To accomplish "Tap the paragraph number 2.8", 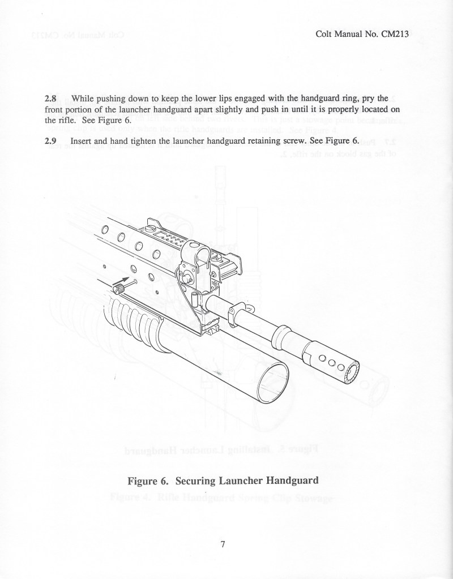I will (x=52, y=98).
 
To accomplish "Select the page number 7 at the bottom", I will (x=223, y=545).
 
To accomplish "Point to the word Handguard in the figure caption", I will (x=288, y=481).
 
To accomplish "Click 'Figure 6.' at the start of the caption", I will (x=148, y=481).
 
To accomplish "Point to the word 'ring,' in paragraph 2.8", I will (x=339, y=98).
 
